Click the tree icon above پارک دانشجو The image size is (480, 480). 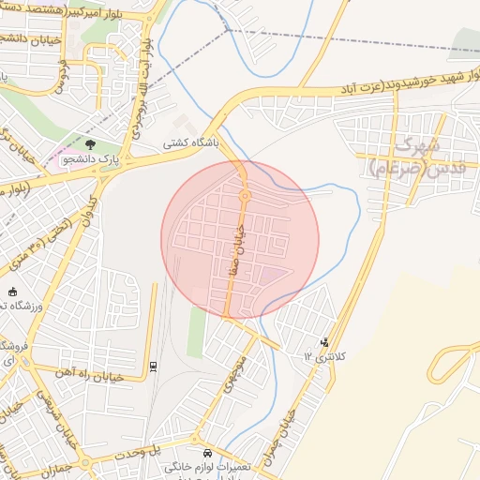point(90,144)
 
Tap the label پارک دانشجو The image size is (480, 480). point(91,160)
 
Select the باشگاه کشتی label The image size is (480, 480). point(191,143)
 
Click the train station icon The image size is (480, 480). point(153,365)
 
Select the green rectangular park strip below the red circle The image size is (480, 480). point(197,332)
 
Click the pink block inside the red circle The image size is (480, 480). point(272,276)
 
